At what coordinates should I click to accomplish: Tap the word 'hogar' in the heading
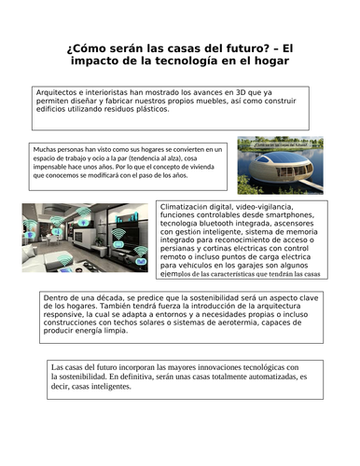click(268, 62)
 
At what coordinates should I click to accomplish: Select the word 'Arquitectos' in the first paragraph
click(57, 92)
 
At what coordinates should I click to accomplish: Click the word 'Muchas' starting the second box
click(46, 148)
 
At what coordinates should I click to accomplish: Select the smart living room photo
click(85, 238)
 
